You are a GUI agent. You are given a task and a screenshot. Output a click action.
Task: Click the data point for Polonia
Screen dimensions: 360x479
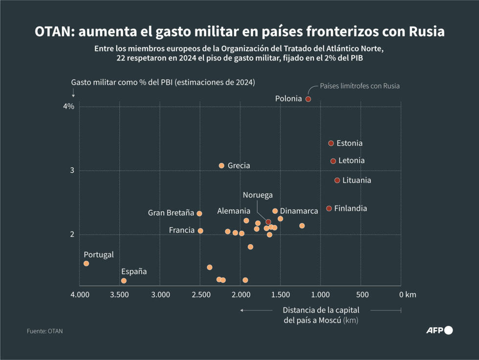[x=308, y=99]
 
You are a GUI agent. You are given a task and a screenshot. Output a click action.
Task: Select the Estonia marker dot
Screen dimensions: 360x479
[x=331, y=143]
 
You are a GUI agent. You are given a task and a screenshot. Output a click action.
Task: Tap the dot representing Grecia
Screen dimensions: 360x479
[x=221, y=166]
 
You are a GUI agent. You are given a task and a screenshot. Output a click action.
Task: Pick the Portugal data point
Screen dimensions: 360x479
[x=86, y=264]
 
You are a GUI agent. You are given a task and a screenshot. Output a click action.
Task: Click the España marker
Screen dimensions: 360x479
[x=124, y=281]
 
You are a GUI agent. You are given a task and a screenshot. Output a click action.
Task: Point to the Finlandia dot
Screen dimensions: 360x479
[x=329, y=208]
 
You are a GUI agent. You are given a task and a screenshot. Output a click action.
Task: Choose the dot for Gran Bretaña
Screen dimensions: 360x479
[x=199, y=213]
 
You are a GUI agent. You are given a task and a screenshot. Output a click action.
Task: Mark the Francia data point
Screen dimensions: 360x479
[x=200, y=231]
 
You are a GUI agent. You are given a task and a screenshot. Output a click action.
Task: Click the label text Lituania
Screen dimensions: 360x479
[x=356, y=180]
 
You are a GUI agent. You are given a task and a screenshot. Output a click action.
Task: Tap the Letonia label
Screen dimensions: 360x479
[x=351, y=160]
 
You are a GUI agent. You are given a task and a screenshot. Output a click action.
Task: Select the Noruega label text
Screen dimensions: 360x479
[x=258, y=195]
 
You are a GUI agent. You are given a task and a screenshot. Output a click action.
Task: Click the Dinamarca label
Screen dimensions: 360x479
[x=299, y=211]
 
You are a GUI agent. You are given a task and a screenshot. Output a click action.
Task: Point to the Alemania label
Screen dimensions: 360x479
[x=234, y=211]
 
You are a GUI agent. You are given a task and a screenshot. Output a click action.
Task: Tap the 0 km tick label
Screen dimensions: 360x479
[x=407, y=294]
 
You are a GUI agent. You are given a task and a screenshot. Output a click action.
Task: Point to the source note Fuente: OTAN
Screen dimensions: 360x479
[x=44, y=331]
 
